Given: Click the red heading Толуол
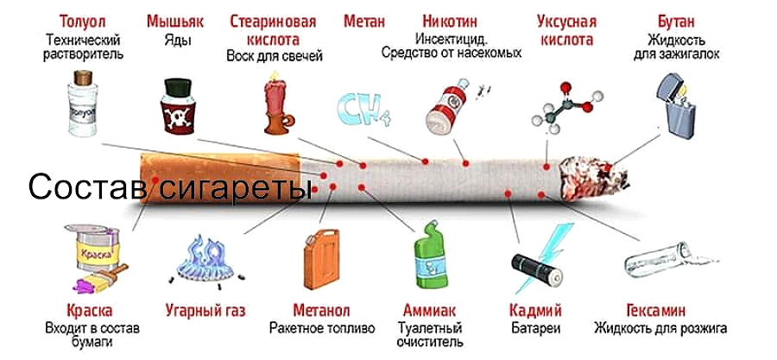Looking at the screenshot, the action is click(x=82, y=22).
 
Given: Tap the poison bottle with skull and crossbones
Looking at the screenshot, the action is click(x=177, y=106).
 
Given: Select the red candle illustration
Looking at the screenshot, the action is click(x=276, y=103).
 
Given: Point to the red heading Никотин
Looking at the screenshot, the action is click(x=450, y=22).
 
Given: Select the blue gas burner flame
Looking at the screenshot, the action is click(x=206, y=262).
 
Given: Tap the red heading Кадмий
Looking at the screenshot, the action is click(x=535, y=311).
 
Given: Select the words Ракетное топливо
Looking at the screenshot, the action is click(x=322, y=328).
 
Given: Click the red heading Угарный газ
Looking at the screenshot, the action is click(x=205, y=311).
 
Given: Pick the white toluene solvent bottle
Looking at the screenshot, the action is click(x=82, y=103).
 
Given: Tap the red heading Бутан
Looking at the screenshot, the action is click(x=676, y=22).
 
